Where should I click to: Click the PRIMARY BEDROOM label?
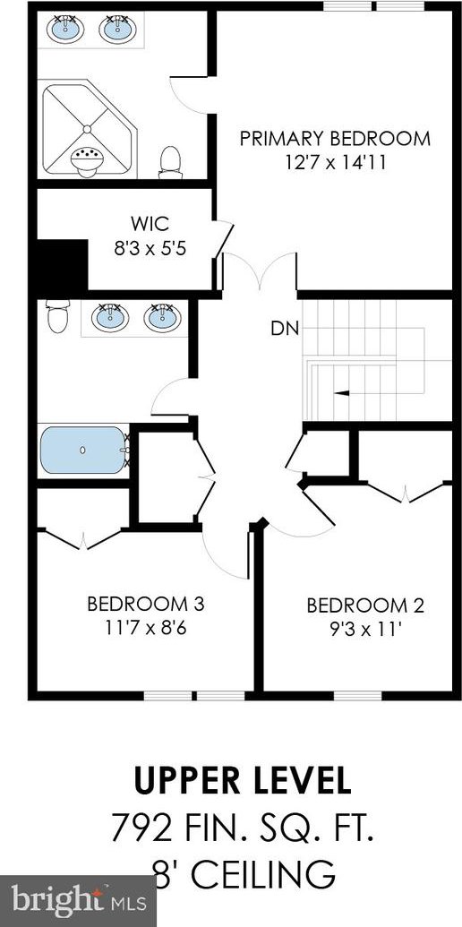coord(335,139)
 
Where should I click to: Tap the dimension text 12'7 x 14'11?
coord(335,163)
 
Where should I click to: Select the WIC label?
coord(150,224)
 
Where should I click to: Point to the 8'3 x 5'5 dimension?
coord(150,249)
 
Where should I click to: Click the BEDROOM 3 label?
coord(145,605)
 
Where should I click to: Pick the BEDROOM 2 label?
coord(365,605)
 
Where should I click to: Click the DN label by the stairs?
coord(285,328)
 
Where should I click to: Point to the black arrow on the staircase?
coord(340,392)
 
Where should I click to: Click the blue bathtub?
coord(83,450)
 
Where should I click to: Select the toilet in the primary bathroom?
coord(170,162)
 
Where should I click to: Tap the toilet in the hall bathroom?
coord(58,315)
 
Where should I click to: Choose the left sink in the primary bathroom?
coord(65,29)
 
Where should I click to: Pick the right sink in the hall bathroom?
coord(162,317)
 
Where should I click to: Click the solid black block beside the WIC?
coord(62,266)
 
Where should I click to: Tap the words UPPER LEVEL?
coord(243,780)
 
